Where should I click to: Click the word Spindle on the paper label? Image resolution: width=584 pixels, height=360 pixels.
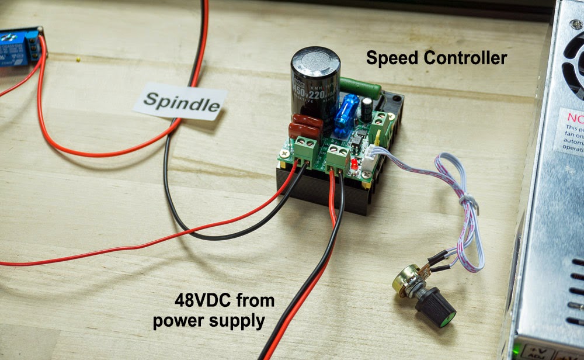182,103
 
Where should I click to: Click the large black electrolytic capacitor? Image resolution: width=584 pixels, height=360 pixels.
315,88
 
